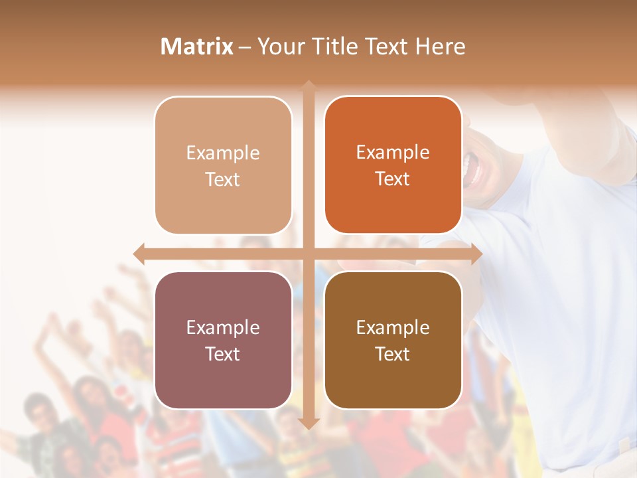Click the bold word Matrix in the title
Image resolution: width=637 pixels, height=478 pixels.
coord(197,46)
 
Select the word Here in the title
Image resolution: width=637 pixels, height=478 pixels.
coord(440,46)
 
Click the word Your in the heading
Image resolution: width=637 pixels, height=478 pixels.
coord(281,46)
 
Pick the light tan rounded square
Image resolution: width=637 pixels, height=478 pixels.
coord(223,165)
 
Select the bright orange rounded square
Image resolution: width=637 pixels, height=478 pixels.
coord(393,165)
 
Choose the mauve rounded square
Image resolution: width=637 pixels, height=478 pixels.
coord(223,340)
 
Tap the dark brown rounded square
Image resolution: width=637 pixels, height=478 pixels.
coord(393,340)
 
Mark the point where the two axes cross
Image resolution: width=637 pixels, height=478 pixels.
coord(309,254)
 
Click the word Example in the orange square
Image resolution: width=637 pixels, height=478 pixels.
coord(393,152)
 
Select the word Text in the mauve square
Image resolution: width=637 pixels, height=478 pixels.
coord(223,354)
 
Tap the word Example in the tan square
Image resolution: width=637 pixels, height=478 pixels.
coord(223,153)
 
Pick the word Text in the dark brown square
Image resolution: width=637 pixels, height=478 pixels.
coord(393,354)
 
